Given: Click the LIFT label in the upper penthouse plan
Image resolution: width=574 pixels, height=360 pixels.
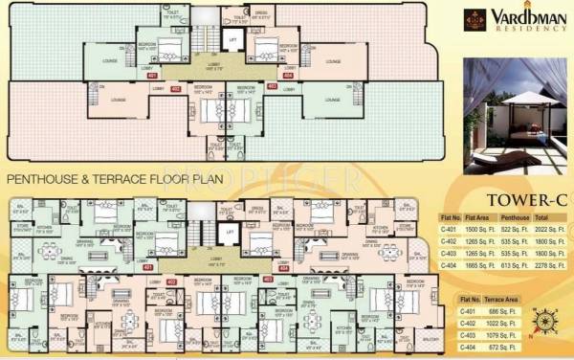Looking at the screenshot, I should point(232,39).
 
